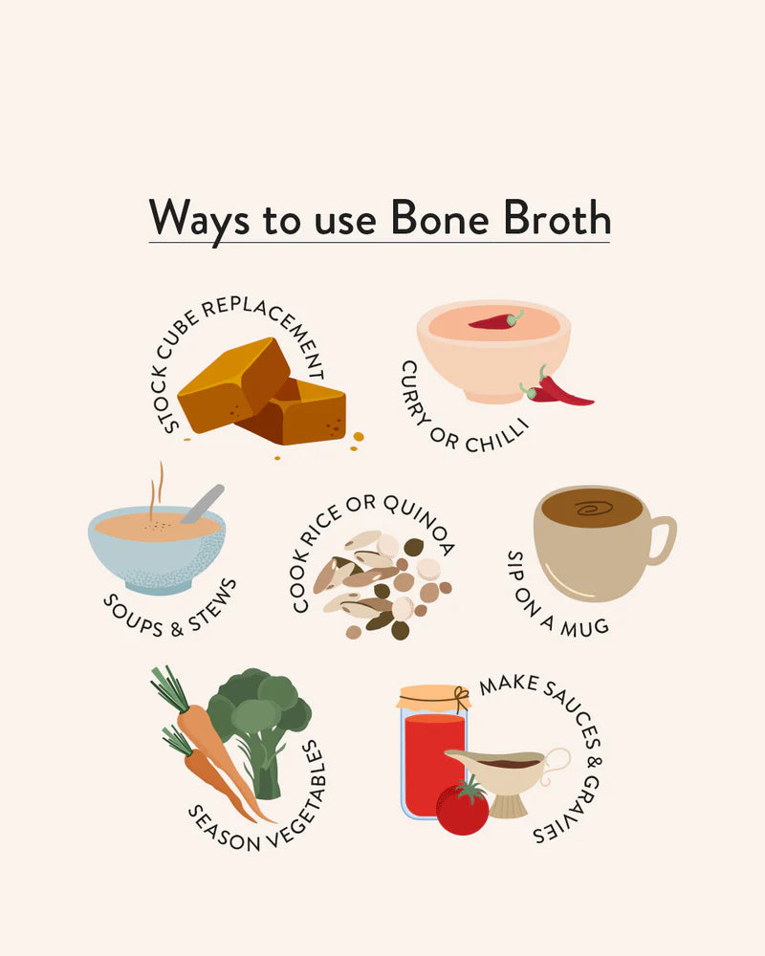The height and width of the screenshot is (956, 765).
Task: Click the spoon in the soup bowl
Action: pyautogui.click(x=203, y=503)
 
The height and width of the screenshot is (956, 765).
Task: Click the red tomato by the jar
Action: pyautogui.click(x=462, y=809)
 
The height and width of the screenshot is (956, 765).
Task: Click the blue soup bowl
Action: pyautogui.click(x=158, y=554)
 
